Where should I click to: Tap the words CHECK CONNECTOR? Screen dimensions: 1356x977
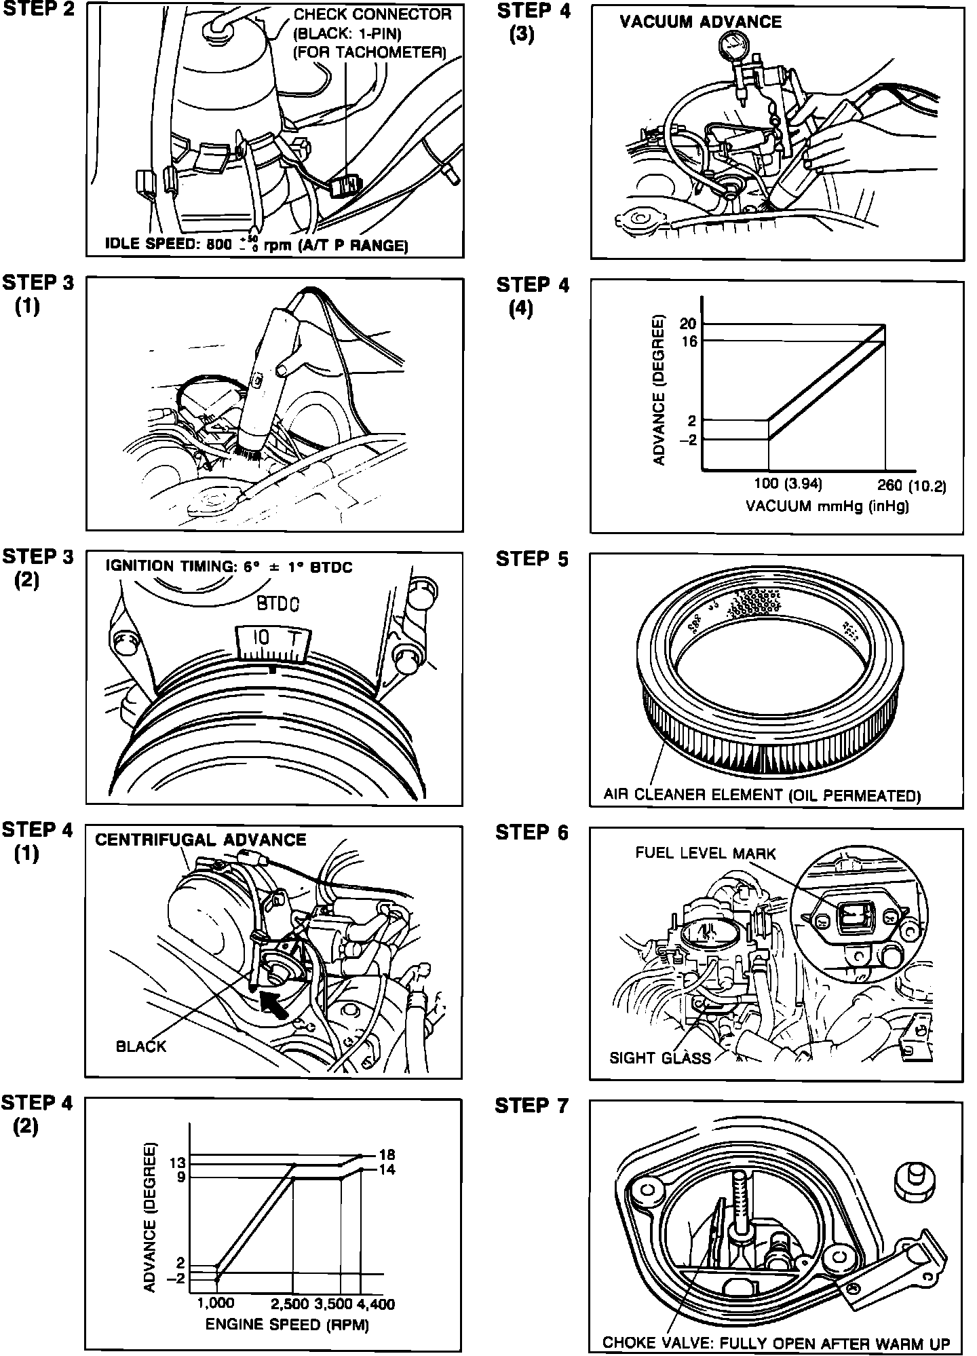coord(372,14)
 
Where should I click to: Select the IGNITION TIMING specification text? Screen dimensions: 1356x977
coord(229,567)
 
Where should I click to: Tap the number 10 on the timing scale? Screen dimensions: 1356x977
coord(261,638)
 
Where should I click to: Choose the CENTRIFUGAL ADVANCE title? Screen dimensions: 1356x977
coord(200,840)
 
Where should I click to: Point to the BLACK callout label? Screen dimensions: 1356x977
coord(140,1046)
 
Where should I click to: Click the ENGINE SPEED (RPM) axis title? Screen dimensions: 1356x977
coord(287,1324)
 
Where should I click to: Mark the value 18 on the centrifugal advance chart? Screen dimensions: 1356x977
coord(387,1154)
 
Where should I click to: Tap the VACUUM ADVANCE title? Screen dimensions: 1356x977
coord(700,22)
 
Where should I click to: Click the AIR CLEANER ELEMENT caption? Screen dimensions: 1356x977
coord(761,795)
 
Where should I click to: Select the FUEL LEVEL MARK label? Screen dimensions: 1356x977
coord(705,853)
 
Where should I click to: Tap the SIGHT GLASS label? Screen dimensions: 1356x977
coord(659,1057)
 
